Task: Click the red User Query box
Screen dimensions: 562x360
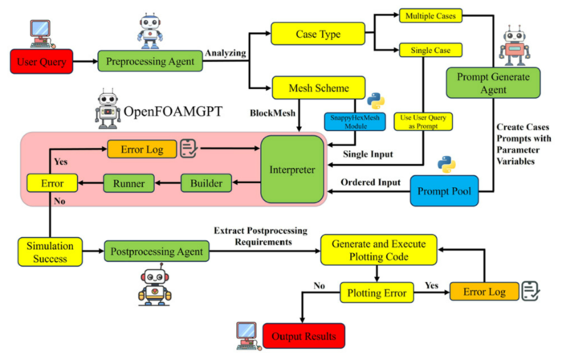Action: [42, 62]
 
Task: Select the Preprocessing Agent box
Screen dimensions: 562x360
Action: [150, 61]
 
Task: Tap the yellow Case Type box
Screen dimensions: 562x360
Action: [318, 34]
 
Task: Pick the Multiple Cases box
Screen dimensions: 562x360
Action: [430, 16]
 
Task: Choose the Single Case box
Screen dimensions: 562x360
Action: [430, 50]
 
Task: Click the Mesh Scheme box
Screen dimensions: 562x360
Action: [319, 88]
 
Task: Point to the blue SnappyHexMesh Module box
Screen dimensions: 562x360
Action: [355, 122]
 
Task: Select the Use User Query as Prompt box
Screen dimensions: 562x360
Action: [423, 122]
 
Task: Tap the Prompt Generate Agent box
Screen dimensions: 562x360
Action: [493, 83]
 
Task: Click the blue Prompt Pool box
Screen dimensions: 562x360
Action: [444, 190]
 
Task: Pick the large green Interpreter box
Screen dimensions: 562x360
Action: [292, 170]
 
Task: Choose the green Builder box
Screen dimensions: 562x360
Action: [206, 183]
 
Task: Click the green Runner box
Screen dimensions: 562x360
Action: [128, 183]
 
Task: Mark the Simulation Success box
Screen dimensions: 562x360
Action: [50, 252]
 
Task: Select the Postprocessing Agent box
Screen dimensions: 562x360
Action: [157, 252]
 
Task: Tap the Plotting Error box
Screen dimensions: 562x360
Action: [377, 292]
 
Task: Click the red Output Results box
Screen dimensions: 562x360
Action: [304, 336]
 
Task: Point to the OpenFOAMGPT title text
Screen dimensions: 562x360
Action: [173, 111]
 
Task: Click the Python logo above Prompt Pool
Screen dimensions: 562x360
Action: [446, 165]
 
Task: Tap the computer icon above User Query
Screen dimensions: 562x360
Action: [42, 34]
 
